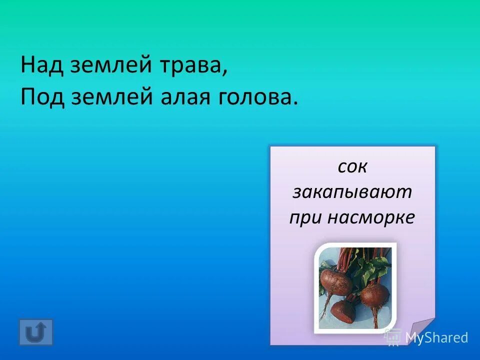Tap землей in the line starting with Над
point(103,66)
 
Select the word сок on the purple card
point(352,167)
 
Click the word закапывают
point(352,192)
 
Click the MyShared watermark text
point(436,337)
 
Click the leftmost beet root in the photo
point(335,282)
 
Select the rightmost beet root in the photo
point(375,295)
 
